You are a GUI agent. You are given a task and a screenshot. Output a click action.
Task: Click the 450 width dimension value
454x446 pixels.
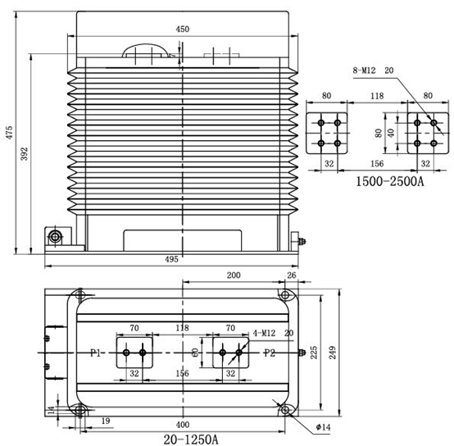point(183,30)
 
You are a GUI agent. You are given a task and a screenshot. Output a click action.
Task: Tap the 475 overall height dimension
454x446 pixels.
point(10,132)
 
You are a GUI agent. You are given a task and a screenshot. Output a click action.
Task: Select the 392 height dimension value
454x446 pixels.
point(25,154)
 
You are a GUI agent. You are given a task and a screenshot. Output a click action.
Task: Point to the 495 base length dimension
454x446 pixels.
point(171,259)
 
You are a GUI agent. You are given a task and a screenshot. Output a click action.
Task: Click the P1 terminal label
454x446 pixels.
point(96,353)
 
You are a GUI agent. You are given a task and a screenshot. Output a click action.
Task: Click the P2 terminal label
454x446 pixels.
point(270,353)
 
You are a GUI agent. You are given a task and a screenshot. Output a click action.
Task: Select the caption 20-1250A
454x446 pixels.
point(191,439)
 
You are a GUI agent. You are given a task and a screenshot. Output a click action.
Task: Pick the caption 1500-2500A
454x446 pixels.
point(389,181)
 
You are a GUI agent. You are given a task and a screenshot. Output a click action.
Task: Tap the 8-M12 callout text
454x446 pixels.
point(364,71)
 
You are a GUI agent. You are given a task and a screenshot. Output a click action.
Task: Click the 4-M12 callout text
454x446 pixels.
point(264,334)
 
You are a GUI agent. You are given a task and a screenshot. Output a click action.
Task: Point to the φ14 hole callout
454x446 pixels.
point(323,427)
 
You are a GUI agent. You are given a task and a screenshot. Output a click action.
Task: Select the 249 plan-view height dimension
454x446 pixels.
point(333,353)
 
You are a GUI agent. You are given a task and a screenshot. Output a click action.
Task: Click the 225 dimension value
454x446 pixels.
point(314,353)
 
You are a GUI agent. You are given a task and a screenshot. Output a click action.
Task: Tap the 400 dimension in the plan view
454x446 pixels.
point(183,425)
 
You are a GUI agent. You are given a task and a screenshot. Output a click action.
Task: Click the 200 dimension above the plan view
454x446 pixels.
point(234,275)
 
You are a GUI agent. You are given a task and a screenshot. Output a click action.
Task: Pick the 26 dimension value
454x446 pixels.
point(292,275)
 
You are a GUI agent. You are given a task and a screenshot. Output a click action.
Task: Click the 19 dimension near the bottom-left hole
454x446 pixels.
point(106,421)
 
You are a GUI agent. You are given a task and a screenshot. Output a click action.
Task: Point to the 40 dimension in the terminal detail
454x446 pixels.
point(391,133)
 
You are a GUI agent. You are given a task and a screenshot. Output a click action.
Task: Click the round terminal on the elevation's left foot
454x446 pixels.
point(55,237)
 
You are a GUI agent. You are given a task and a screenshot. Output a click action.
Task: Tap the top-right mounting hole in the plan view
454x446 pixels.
point(285,295)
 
